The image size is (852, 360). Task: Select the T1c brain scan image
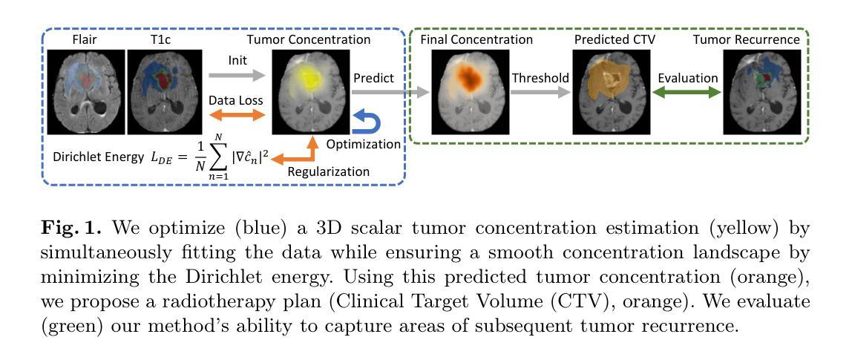pyautogui.click(x=166, y=91)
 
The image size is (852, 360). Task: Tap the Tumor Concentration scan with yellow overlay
pyautogui.click(x=310, y=91)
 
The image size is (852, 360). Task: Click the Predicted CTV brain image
pyautogui.click(x=612, y=91)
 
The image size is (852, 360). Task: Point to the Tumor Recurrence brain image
pyautogui.click(x=762, y=91)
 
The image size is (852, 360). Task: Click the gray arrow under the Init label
pyautogui.click(x=235, y=76)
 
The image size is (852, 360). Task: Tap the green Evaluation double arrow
pyautogui.click(x=686, y=94)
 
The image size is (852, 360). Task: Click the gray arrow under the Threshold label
pyautogui.click(x=540, y=94)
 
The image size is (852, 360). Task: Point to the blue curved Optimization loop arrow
pyautogui.click(x=364, y=122)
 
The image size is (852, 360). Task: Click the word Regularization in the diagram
pyautogui.click(x=328, y=171)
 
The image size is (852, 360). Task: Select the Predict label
pyautogui.click(x=374, y=78)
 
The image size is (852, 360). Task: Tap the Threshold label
pyautogui.click(x=540, y=78)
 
